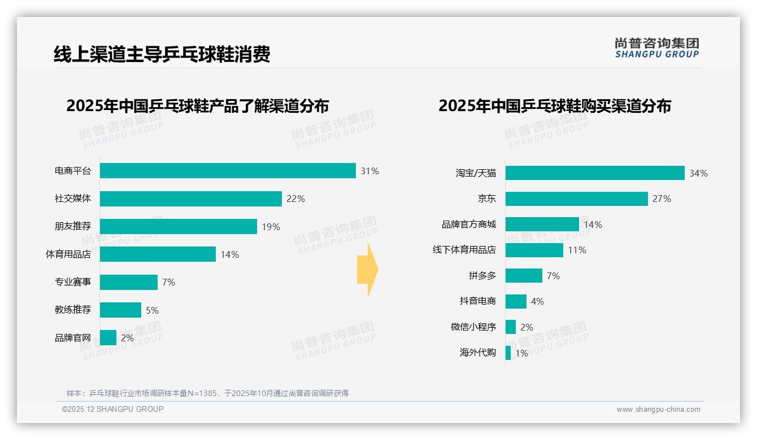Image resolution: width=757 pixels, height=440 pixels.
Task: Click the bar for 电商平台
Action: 228,171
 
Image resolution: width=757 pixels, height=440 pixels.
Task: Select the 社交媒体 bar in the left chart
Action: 191,199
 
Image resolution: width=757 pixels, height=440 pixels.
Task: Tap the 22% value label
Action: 295,199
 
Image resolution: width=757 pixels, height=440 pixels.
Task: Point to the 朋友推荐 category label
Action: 72,226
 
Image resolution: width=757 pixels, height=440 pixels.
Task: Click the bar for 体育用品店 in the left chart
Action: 158,254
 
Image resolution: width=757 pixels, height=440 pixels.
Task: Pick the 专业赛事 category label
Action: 72,282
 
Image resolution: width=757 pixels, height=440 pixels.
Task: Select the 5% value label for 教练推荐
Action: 152,310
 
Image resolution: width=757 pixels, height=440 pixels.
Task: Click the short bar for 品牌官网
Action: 108,338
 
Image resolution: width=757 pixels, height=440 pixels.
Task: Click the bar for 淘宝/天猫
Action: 595,173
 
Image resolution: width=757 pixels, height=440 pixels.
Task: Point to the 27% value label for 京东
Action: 662,199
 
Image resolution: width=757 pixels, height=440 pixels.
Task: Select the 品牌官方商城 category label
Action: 468,225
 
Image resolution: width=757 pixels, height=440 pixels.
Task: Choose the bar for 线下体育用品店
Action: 534,250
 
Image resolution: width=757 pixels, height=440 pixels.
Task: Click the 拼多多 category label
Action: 482,276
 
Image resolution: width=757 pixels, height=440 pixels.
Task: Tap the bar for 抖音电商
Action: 516,301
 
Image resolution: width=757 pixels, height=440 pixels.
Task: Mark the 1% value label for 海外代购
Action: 521,353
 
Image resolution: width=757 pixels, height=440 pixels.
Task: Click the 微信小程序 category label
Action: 473,327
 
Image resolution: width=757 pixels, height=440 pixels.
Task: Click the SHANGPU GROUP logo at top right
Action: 656,48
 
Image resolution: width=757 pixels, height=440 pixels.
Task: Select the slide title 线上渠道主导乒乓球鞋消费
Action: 162,54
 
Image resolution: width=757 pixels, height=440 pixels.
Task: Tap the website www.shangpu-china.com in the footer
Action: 658,410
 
